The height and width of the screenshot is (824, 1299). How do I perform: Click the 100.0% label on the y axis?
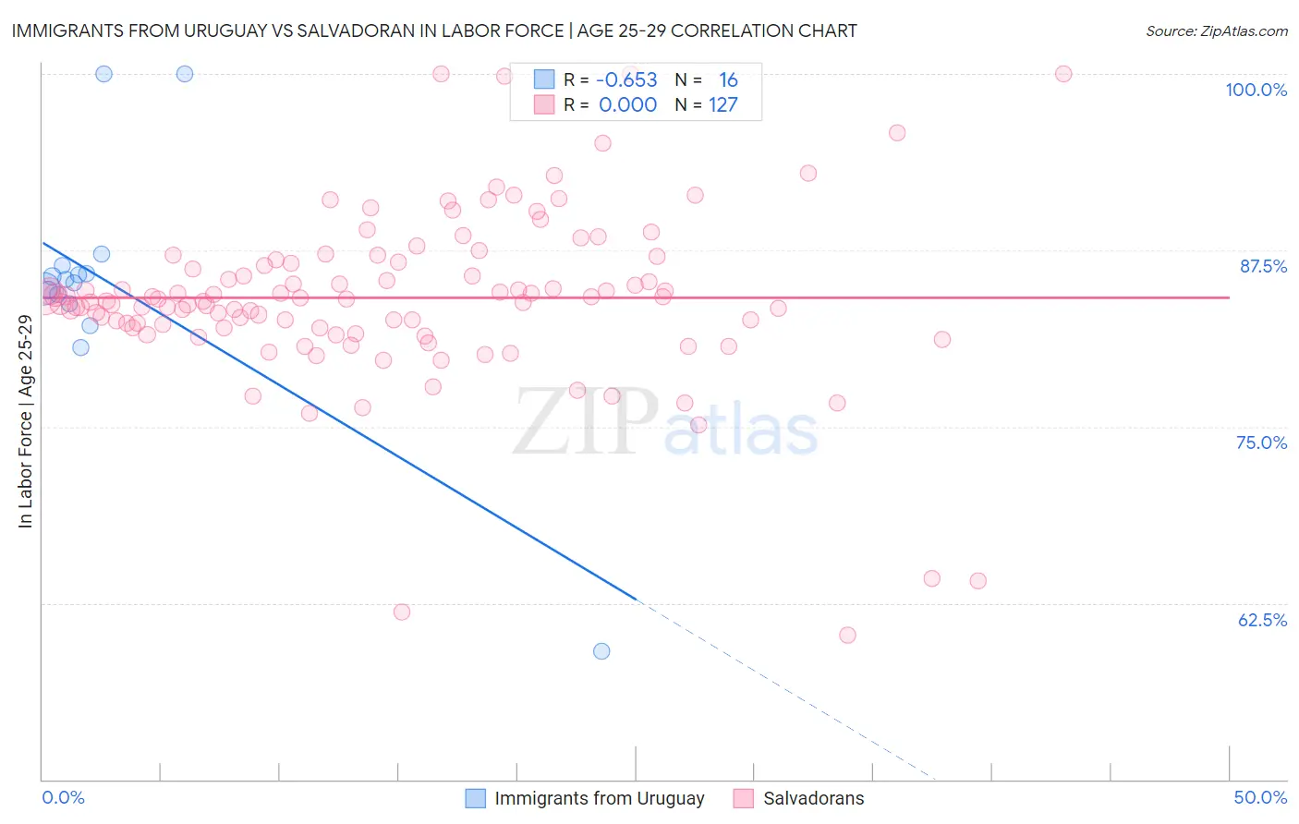click(x=1256, y=90)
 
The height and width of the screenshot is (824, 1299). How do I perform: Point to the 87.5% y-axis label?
click(x=1263, y=266)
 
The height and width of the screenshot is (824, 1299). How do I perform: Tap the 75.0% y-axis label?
click(x=1261, y=442)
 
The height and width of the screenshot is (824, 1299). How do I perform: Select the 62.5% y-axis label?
click(x=1262, y=620)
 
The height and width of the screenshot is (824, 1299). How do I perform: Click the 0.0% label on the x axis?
click(x=63, y=797)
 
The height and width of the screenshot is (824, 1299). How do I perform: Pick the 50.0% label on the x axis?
click(x=1260, y=797)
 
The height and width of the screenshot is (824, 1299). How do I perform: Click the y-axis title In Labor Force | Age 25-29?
click(x=25, y=421)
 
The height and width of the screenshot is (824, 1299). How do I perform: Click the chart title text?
click(x=434, y=30)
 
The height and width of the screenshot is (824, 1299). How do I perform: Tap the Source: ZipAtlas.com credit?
click(x=1216, y=30)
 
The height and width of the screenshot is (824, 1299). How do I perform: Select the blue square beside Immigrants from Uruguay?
click(x=475, y=798)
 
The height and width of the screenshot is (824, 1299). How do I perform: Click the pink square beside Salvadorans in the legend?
click(x=744, y=798)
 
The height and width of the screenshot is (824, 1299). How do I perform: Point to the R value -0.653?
click(x=626, y=79)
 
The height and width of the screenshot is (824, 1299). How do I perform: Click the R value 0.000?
click(x=627, y=104)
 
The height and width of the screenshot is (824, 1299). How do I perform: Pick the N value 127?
click(x=723, y=104)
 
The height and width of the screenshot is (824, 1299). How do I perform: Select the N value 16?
click(x=728, y=79)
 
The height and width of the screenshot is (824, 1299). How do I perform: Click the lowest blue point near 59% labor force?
click(x=601, y=651)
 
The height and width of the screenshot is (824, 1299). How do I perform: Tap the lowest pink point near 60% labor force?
click(x=847, y=635)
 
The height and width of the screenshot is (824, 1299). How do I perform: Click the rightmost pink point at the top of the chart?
click(x=1063, y=74)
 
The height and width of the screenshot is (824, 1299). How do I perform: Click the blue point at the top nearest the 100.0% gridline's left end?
click(x=104, y=74)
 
